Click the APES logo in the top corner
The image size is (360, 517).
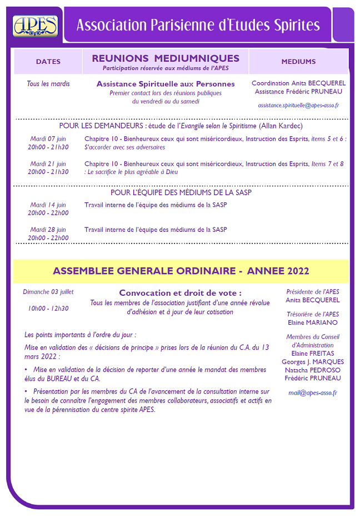click(x=35, y=25)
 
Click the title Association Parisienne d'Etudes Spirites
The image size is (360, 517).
click(x=198, y=25)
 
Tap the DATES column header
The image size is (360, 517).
click(x=48, y=62)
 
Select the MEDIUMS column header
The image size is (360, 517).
click(x=298, y=62)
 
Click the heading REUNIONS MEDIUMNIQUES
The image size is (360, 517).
click(x=166, y=58)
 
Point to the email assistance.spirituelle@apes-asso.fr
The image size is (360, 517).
click(x=298, y=105)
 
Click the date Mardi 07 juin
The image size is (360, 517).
click(x=48, y=138)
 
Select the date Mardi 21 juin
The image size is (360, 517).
click(x=48, y=163)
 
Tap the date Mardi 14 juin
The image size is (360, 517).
click(x=48, y=205)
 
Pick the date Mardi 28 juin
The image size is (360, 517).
click(x=48, y=230)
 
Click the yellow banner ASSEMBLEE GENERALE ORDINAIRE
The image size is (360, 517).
click(x=181, y=271)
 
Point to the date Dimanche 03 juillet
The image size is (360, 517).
click(x=48, y=292)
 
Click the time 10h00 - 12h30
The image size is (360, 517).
click(x=48, y=308)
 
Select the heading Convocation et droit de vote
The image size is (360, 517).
click(x=181, y=293)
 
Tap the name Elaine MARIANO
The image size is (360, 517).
click(x=312, y=322)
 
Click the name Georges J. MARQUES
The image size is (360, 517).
click(x=312, y=361)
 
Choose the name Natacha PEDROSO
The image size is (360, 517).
click(x=312, y=370)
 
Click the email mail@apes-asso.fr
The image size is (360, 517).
click(x=312, y=393)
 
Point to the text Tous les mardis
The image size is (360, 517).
click(x=48, y=84)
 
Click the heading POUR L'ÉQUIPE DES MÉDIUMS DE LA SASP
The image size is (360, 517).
click(x=181, y=192)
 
